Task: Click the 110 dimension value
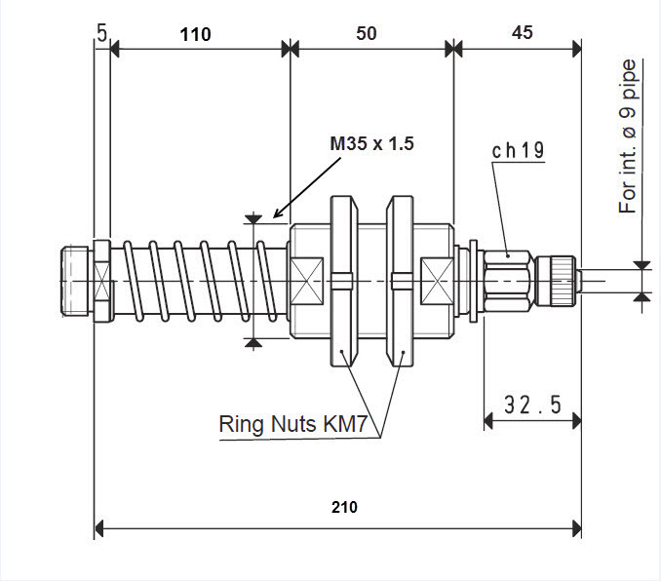(x=195, y=33)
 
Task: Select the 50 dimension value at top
(x=366, y=33)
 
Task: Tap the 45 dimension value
(x=522, y=32)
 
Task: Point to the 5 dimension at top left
(x=101, y=33)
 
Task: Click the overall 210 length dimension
(x=344, y=507)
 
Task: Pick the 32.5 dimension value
(x=532, y=404)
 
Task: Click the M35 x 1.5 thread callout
(x=371, y=143)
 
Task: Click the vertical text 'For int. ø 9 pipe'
(x=628, y=136)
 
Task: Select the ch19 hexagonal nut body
(x=508, y=280)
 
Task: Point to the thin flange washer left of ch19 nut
(x=473, y=281)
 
